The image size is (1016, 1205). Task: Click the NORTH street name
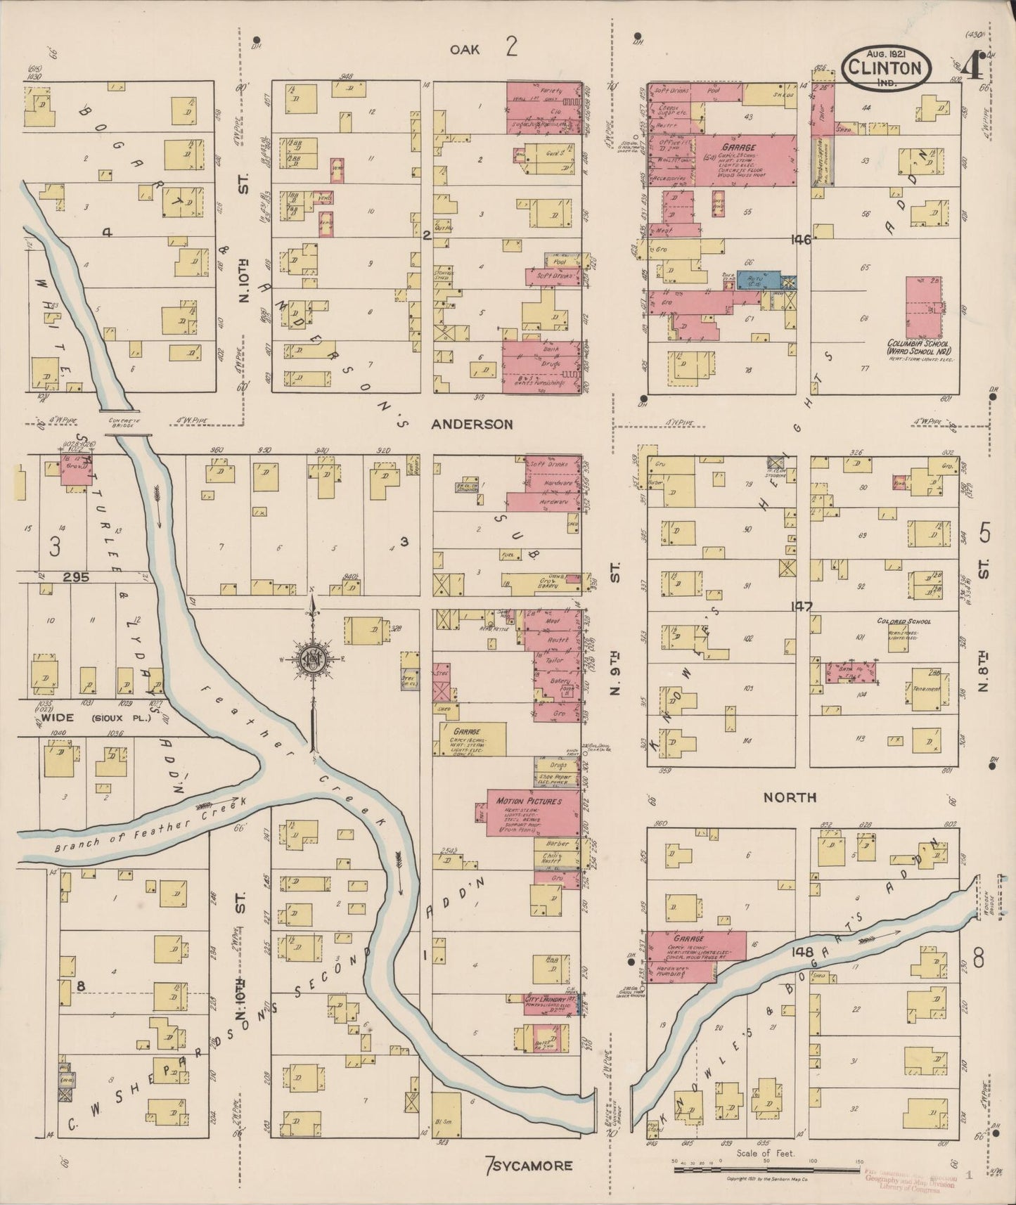click(791, 797)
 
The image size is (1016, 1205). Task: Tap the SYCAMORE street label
click(533, 1165)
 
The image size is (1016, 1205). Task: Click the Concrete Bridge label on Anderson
click(127, 422)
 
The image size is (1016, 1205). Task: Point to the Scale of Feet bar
click(766, 1170)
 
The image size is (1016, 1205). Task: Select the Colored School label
click(904, 621)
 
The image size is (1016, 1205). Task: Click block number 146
click(800, 240)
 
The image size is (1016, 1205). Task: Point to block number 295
click(75, 577)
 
